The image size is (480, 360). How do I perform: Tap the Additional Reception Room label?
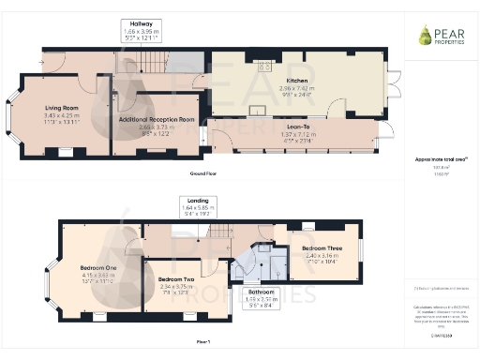click(x=157, y=120)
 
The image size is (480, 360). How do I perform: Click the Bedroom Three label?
click(x=322, y=248)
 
